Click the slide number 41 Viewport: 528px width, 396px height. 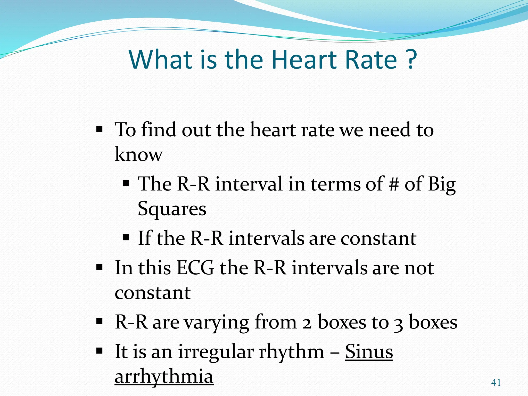496,383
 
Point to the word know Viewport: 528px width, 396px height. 139,154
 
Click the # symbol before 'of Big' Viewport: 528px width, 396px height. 394,184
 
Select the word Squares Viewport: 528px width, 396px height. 172,209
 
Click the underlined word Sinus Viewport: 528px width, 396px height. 369,351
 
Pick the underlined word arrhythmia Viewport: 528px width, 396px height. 164,376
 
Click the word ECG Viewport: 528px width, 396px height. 195,268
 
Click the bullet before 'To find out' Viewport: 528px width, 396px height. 99,128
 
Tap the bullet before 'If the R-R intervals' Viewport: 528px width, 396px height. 126,237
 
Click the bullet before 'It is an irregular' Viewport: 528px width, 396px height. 99,351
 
